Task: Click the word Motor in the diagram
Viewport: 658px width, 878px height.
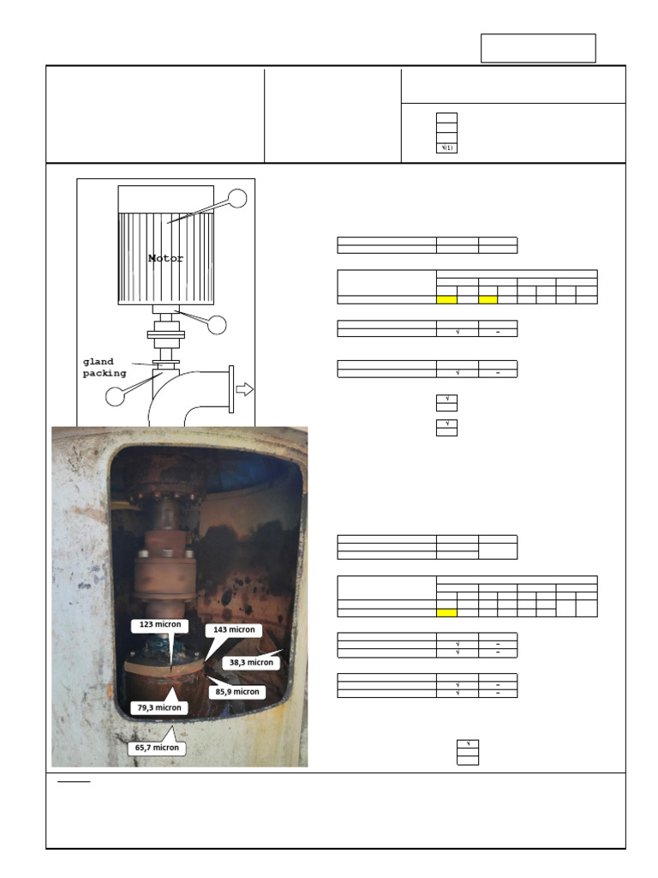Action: pos(166,258)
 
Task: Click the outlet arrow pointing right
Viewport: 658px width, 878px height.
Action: pos(245,389)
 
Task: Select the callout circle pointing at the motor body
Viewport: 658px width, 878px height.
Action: pos(236,198)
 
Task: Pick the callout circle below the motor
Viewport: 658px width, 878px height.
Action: pos(218,325)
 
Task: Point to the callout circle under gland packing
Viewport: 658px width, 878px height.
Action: pos(115,396)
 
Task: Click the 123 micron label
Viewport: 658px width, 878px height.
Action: pos(159,626)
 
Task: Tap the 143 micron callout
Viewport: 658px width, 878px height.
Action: pos(233,630)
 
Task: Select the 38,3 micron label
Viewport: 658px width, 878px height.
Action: pos(251,663)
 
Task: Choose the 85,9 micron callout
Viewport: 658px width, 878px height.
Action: pos(237,691)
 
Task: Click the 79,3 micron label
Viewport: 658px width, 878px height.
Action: pos(159,707)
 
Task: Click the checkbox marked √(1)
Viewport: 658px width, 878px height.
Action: pos(446,148)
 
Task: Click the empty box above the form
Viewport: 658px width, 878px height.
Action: pos(538,48)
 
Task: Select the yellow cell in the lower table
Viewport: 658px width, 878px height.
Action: pos(446,613)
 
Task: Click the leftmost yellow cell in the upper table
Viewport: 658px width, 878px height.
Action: pos(446,299)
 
